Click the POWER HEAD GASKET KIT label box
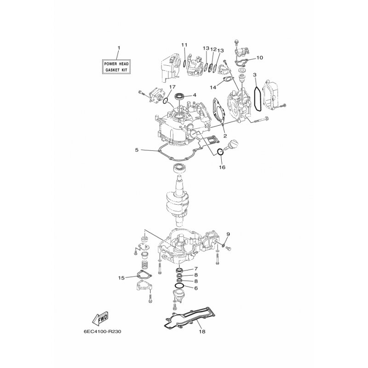pos(116,67)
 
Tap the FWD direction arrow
pos(101,319)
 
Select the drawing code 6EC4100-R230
pos(102,332)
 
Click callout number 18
pos(202,332)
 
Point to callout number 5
pos(137,150)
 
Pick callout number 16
pos(222,167)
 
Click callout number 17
pos(172,87)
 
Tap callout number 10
pos(259,57)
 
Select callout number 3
pos(255,75)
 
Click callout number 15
pos(121,278)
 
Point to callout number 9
pos(228,234)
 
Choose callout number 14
pos(213,87)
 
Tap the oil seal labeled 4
pos(180,96)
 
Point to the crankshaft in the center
pos(176,201)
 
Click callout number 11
pos(184,45)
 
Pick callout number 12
pos(213,49)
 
